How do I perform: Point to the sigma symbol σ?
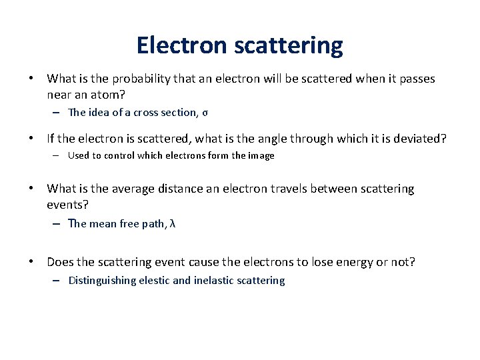point(205,113)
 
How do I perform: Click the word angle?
point(275,139)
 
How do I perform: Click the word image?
point(262,156)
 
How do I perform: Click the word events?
point(67,205)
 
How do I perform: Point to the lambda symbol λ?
point(173,224)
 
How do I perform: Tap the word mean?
point(103,224)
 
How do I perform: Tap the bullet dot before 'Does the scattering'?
point(31,262)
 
